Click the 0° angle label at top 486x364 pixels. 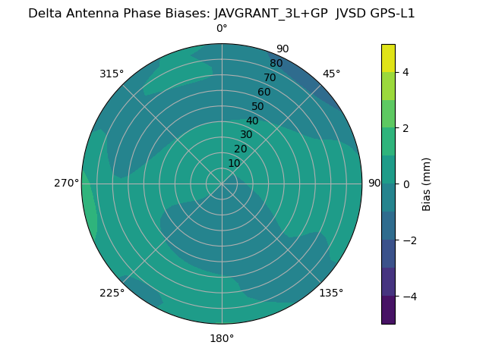[x=222, y=29]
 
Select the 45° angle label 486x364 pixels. [x=331, y=74]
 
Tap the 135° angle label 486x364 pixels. [x=331, y=293]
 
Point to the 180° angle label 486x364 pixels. [x=222, y=338]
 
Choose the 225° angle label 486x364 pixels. [x=112, y=293]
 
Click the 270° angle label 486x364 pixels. [x=66, y=184]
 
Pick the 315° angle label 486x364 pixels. [x=112, y=74]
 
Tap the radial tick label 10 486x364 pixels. [x=234, y=163]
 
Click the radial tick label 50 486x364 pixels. [x=258, y=107]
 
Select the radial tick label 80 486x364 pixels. [x=276, y=64]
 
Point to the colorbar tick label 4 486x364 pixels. [x=406, y=73]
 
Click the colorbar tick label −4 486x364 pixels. [x=409, y=297]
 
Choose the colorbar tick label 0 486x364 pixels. [x=406, y=184]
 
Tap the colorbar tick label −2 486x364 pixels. [x=409, y=240]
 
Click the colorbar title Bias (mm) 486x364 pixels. [x=427, y=184]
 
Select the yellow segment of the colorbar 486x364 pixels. [x=388, y=58]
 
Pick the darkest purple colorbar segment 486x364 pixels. [x=388, y=310]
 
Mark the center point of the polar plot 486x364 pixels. [x=222, y=184]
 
